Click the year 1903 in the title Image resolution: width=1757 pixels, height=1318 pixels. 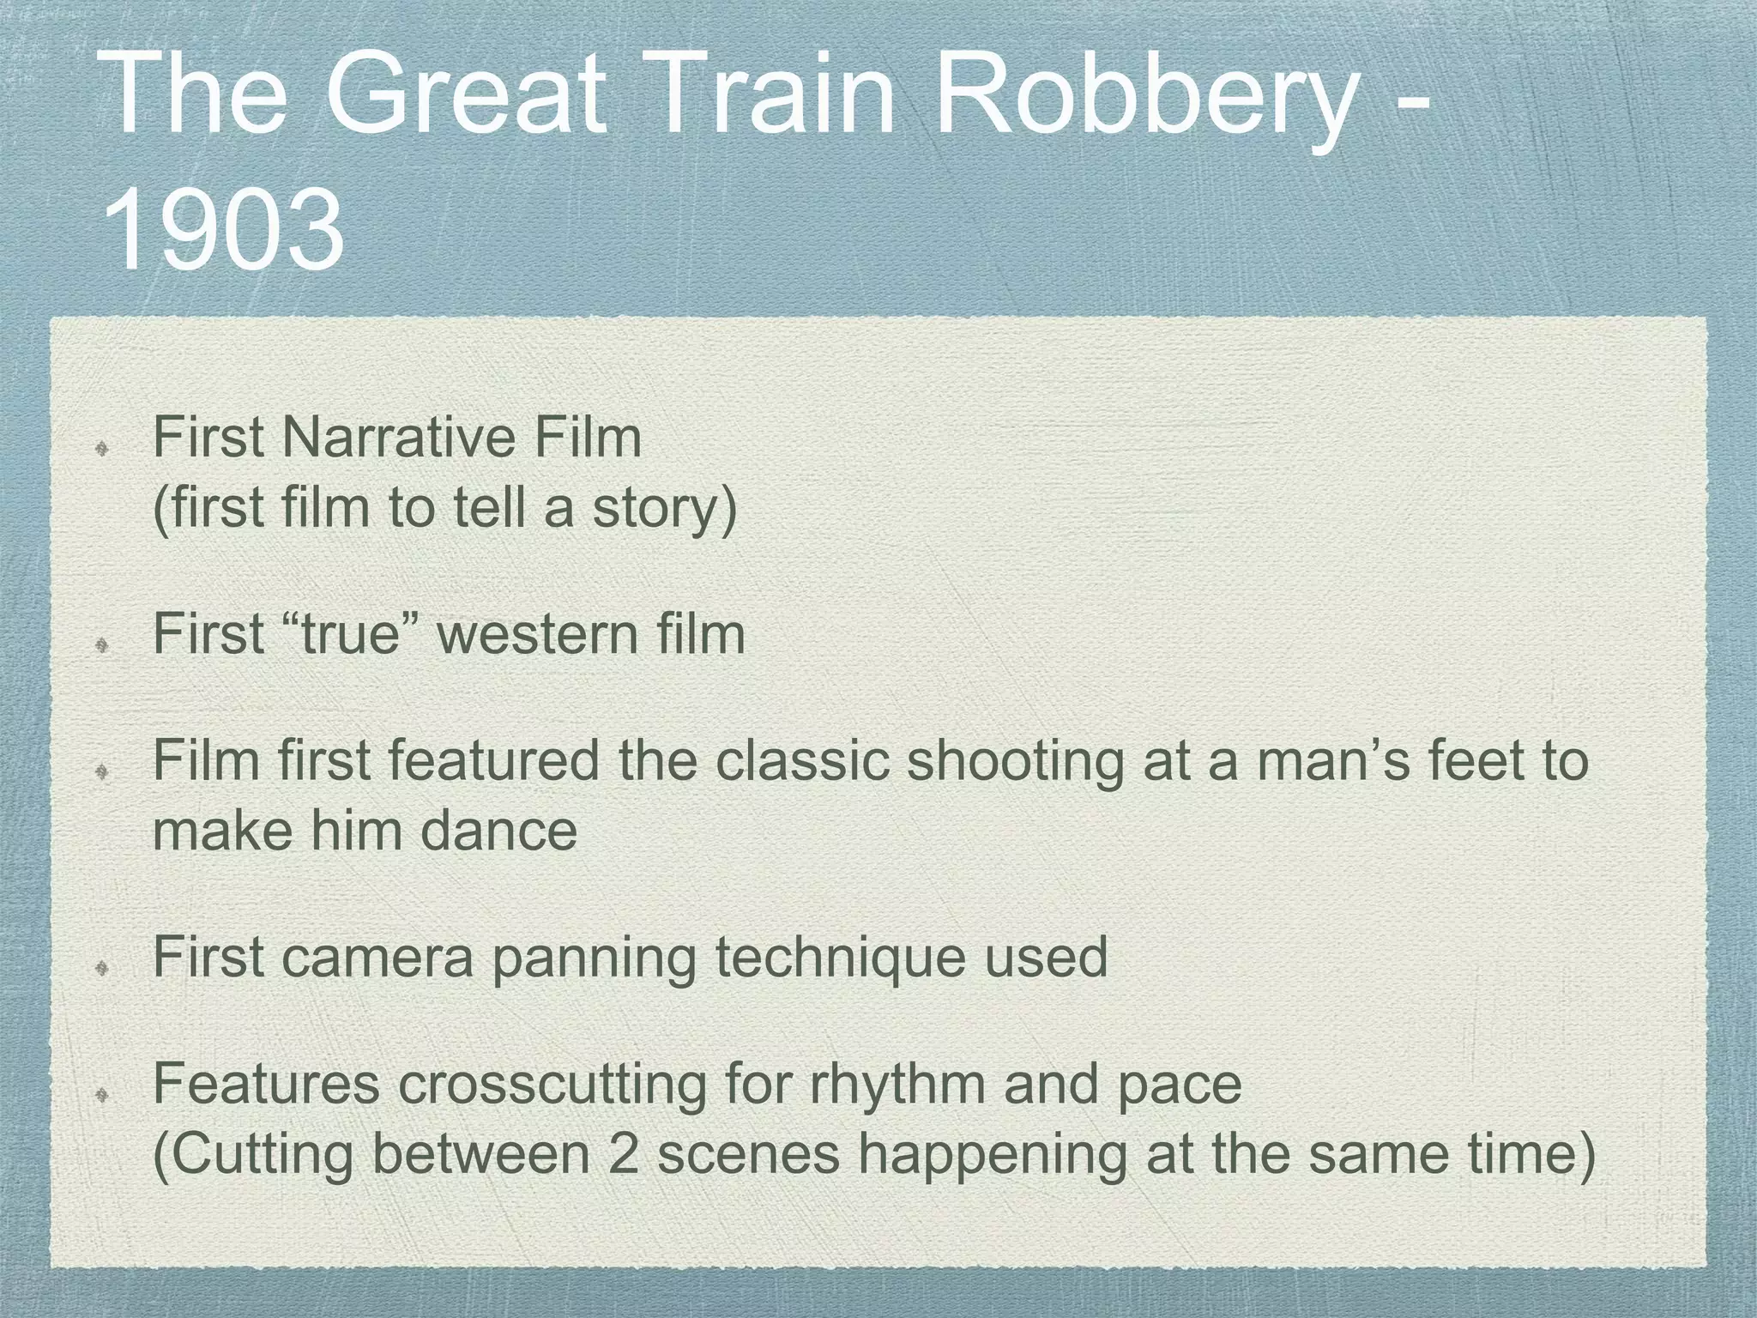225,230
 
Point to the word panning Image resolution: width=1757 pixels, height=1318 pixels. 593,958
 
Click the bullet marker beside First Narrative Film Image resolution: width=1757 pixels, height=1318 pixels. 101,446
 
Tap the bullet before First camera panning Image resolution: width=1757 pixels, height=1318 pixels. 101,967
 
